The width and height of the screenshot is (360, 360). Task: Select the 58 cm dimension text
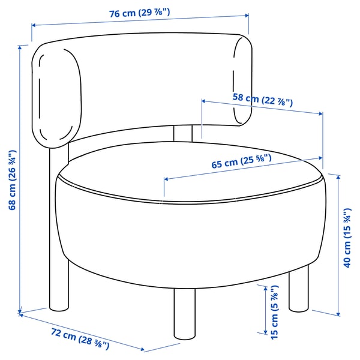(x=262, y=98)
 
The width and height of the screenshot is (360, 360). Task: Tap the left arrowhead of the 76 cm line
(x=34, y=25)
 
